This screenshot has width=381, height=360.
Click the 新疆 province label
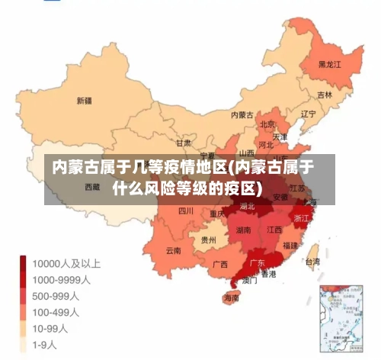[84, 100]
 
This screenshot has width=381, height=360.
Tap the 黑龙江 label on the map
[330, 66]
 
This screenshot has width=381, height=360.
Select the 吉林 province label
[325, 95]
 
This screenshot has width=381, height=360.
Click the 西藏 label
[91, 186]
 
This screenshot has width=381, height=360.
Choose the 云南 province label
[173, 250]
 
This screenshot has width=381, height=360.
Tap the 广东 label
[258, 263]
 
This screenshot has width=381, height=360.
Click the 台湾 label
[312, 261]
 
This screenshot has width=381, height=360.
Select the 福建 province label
[290, 246]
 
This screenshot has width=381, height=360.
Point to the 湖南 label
[244, 230]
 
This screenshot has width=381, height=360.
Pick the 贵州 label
[208, 239]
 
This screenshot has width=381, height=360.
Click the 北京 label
[267, 124]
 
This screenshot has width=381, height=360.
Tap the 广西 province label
[220, 265]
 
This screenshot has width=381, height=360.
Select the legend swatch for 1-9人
[25, 345]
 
